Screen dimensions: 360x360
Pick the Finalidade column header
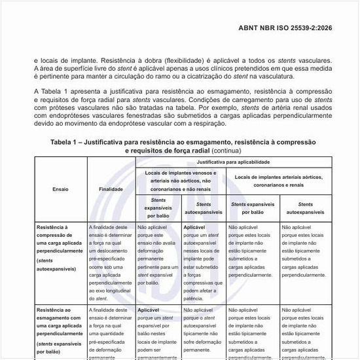pos(111,188)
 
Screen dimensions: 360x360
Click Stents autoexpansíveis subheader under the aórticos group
pos(305,208)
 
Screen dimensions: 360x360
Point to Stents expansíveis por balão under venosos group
pos(158,207)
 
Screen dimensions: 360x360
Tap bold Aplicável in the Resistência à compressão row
pos(195,227)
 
